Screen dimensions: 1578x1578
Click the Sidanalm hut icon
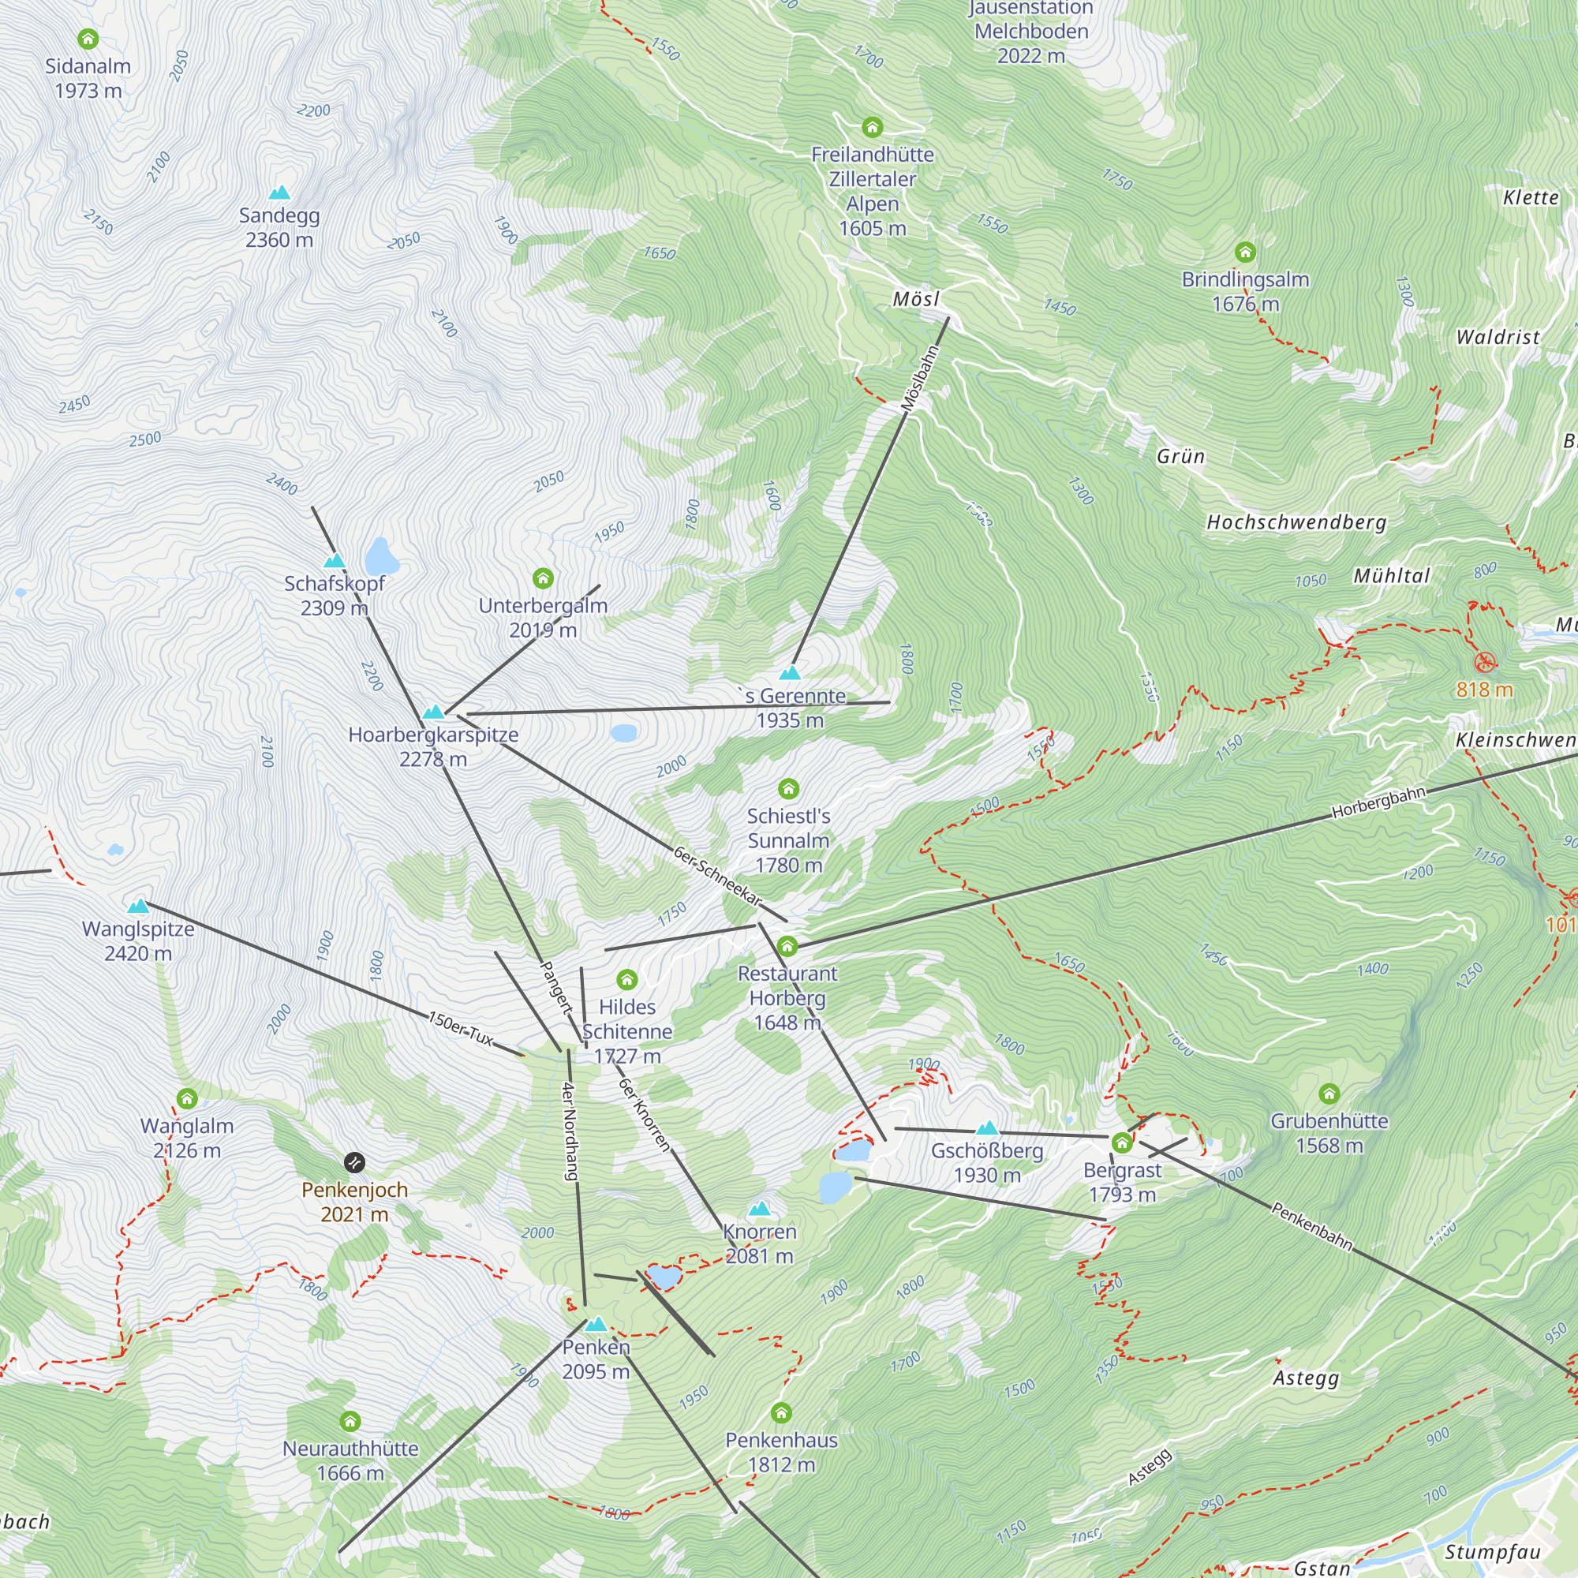coord(88,39)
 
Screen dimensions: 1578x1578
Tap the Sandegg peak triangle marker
coord(279,193)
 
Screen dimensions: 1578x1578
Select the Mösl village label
coord(915,299)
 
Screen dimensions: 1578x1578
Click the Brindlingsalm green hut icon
coord(1245,252)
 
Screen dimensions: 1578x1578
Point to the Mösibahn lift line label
coord(921,378)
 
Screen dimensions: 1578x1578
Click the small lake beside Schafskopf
coord(380,557)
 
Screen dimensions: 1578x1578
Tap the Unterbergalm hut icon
coord(543,579)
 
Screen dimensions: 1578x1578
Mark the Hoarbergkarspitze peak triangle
coord(433,712)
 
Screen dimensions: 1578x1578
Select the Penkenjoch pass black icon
coord(354,1162)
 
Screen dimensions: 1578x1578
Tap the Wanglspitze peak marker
coord(138,906)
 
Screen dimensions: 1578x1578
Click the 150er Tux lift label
coord(462,1029)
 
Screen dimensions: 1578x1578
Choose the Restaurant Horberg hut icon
coord(787,947)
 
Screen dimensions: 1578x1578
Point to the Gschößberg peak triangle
coord(988,1129)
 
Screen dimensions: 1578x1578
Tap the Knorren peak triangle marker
coord(760,1209)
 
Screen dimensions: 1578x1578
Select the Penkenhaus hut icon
coord(781,1412)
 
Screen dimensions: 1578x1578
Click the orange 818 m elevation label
coord(1484,690)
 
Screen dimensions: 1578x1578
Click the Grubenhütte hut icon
coord(1329,1094)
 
